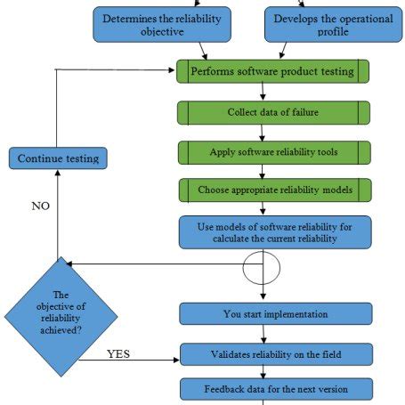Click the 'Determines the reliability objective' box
161,25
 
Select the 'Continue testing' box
59,159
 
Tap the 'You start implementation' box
274,313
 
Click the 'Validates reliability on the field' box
274,354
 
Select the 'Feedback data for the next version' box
274,389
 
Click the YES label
119,353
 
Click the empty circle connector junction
263,265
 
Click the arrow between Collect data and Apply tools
263,133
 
